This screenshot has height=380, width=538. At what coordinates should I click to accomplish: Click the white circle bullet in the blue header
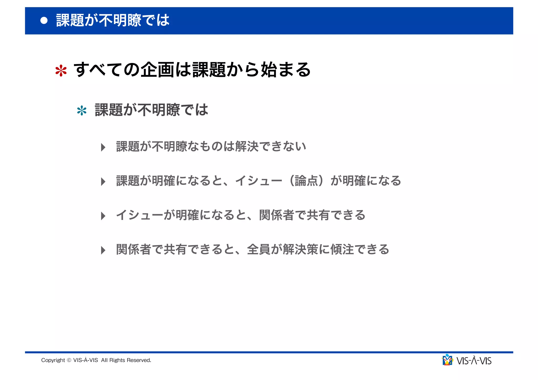[x=44, y=20]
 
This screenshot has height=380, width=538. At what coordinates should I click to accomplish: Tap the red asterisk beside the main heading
[x=61, y=71]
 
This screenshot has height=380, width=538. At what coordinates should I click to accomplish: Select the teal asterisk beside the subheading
[x=82, y=111]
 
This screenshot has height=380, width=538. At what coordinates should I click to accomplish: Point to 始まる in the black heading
[x=286, y=70]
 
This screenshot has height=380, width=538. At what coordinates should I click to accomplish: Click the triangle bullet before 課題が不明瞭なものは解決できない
[x=103, y=147]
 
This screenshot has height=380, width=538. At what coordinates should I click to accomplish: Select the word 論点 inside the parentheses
[x=306, y=181]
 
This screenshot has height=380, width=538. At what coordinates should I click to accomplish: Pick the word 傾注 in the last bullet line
[x=342, y=249]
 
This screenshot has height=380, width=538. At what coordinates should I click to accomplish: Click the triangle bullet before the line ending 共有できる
[x=103, y=216]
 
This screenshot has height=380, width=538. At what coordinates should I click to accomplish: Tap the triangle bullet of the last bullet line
[x=103, y=250]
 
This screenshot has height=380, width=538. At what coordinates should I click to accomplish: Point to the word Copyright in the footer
[x=53, y=360]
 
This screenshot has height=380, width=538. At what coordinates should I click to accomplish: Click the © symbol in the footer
[x=69, y=360]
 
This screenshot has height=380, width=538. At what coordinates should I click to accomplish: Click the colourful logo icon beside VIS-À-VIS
[x=447, y=360]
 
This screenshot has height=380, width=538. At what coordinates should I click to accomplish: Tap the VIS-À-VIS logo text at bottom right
[x=474, y=361]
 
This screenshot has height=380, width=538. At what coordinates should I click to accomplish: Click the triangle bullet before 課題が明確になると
[x=103, y=182]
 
